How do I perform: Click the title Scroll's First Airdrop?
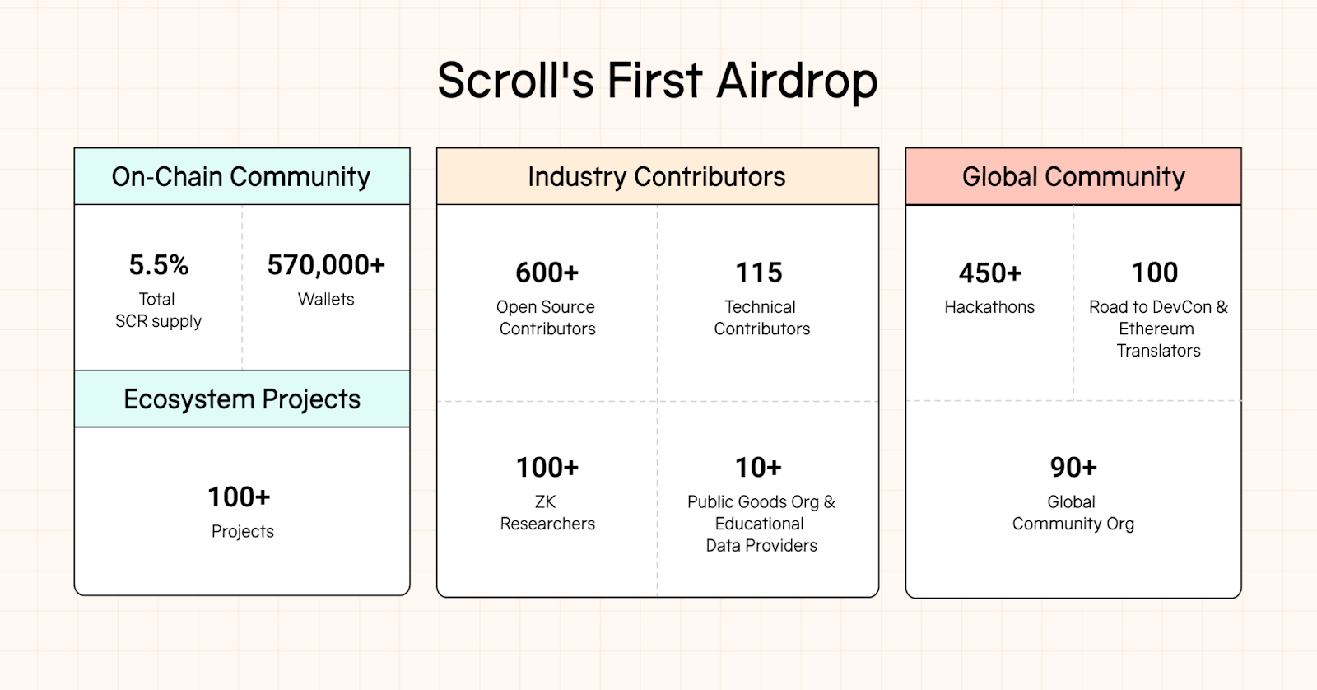658,82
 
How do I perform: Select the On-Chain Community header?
241,176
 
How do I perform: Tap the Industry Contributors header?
657,176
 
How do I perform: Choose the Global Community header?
1073,176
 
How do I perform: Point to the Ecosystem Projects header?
242,399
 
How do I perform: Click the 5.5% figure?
159,264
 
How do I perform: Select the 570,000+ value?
326,264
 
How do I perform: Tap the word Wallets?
326,300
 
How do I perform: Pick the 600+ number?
547,273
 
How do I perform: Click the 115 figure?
759,273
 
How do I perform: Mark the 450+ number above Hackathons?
990,273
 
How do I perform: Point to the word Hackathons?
989,307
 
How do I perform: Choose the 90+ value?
1073,468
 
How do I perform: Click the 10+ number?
758,468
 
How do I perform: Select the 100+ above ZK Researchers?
547,468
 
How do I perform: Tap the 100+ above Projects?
239,497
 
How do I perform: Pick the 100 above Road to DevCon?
1155,273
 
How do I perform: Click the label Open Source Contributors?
547,318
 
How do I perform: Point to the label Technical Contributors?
761,318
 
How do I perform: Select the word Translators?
1158,352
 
